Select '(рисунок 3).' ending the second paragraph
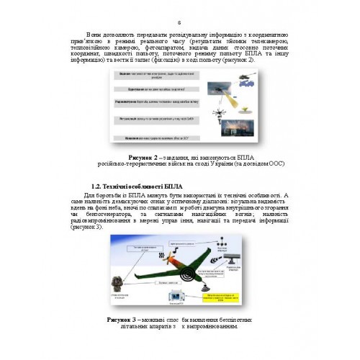102,226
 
